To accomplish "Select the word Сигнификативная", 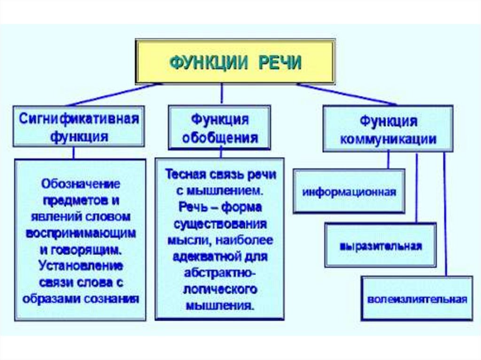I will click(x=79, y=118).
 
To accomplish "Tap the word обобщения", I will click(x=220, y=138).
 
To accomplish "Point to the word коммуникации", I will click(x=388, y=139).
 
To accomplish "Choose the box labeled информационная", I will click(x=349, y=191).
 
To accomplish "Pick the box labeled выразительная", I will click(x=380, y=245).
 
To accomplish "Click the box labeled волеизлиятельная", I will click(x=417, y=299).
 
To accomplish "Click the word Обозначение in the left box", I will click(x=80, y=183).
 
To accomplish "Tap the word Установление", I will click(x=81, y=266).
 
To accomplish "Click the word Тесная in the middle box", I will click(x=184, y=174).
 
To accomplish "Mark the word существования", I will click(x=220, y=224).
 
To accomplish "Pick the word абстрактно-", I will click(x=220, y=273).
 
